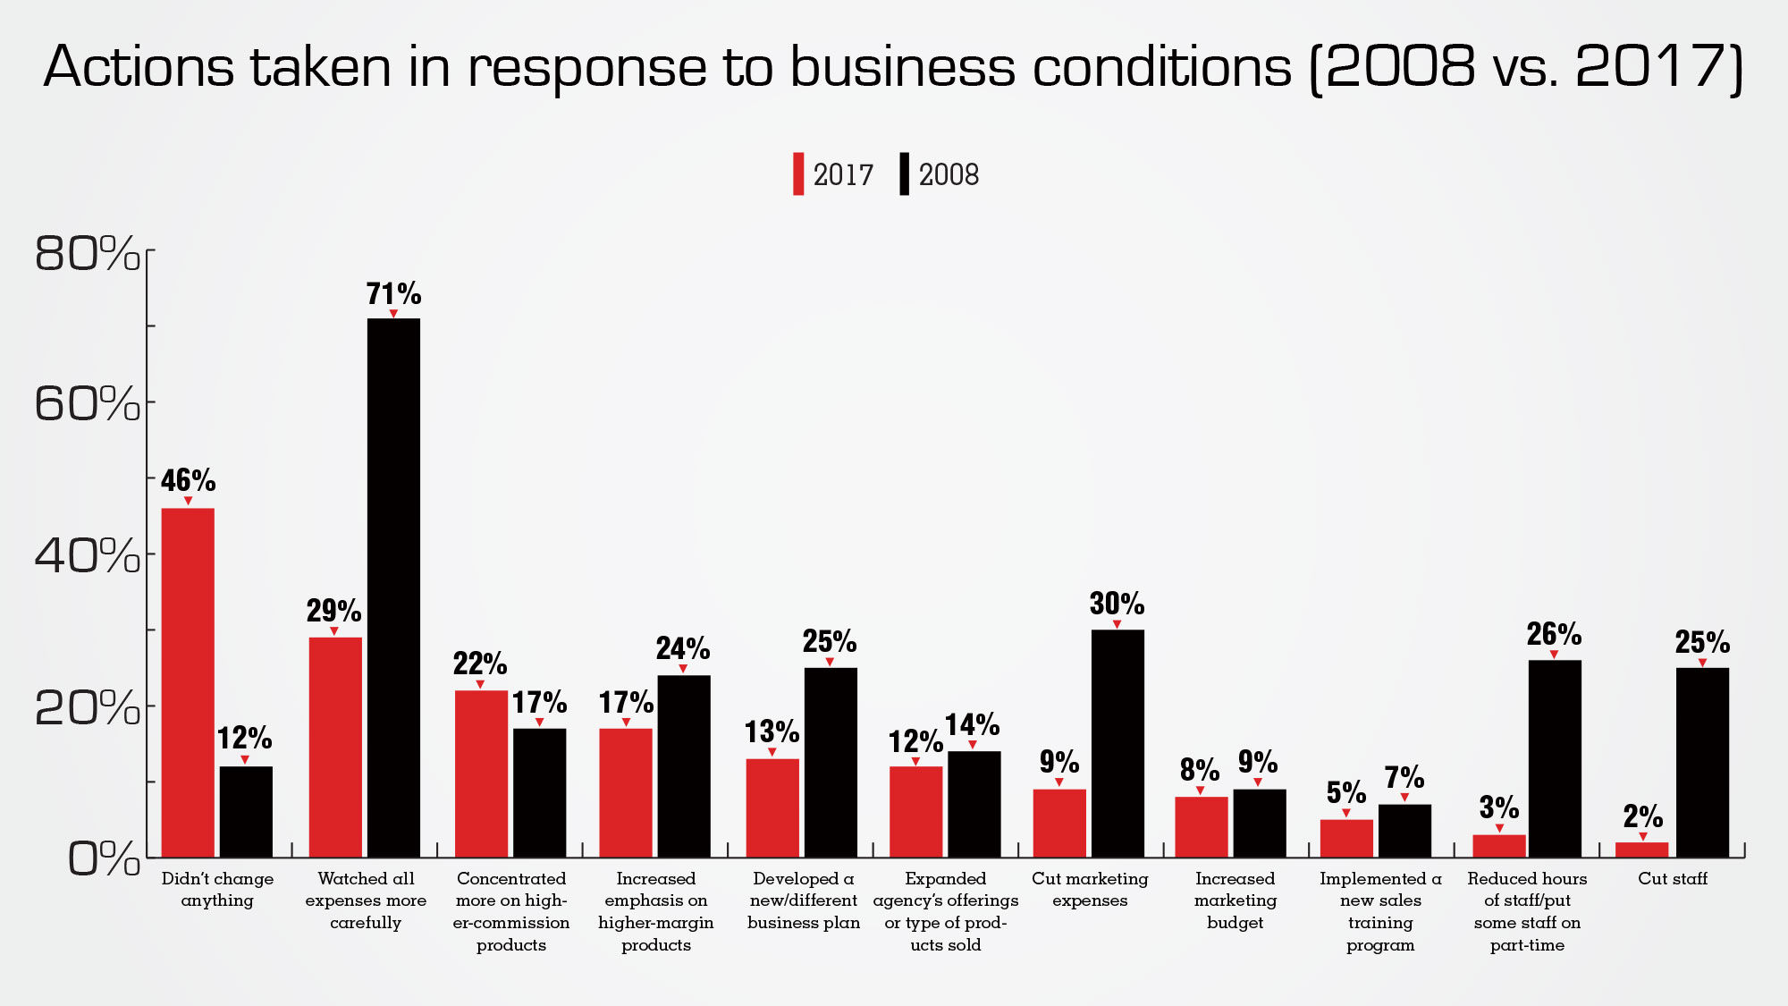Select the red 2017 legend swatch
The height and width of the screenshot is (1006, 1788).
798,174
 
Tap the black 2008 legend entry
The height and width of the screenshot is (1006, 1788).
939,174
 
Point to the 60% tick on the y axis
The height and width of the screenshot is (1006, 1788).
88,403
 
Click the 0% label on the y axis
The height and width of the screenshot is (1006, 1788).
104,859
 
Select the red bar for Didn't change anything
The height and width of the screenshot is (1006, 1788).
188,682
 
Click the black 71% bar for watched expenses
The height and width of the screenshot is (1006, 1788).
393,588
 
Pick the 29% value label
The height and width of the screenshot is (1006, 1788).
333,611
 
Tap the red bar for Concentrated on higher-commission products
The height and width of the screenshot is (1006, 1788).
481,774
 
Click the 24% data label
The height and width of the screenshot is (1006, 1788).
683,648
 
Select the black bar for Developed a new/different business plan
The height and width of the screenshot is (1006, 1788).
831,762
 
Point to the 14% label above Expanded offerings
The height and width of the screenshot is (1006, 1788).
973,724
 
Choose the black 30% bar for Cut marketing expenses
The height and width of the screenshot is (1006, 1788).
1117,743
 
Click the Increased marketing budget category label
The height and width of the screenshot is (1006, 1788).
1235,900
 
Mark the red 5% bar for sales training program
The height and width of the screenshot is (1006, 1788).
1346,838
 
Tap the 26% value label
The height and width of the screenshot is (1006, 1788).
1554,634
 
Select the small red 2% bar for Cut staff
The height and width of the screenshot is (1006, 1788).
1641,850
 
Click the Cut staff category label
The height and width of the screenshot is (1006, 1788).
1672,879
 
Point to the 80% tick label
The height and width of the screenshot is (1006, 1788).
88,253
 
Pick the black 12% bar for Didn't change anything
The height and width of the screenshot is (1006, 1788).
246,811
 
